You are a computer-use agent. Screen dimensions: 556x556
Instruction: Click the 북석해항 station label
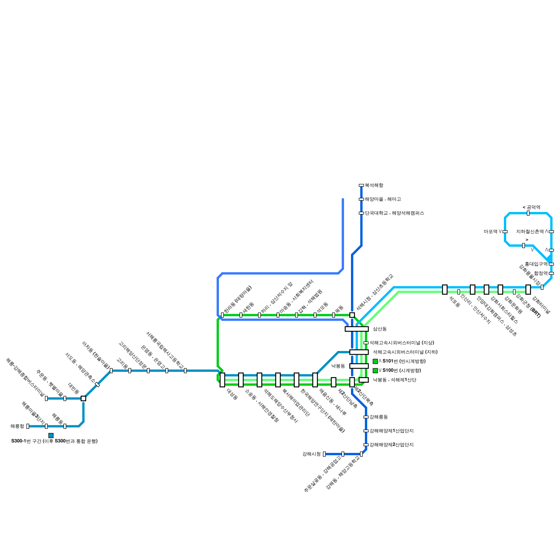[x=374, y=186]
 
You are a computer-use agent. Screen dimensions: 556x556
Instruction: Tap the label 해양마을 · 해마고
[x=383, y=199]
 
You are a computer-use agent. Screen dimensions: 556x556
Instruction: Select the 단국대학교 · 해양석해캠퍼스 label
[x=394, y=213]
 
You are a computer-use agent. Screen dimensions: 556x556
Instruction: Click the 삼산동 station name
[x=379, y=329]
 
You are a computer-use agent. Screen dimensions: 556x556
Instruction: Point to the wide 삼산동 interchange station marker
[x=357, y=329]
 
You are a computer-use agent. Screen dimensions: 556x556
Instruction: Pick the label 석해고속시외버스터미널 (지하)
[x=405, y=352]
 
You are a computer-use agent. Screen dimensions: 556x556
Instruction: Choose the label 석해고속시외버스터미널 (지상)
[x=401, y=343]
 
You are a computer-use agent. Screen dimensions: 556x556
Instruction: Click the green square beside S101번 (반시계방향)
[x=375, y=361]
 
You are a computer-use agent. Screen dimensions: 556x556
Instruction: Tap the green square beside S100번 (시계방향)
[x=375, y=371]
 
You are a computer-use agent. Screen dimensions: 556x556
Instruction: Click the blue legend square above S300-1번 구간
[x=51, y=435]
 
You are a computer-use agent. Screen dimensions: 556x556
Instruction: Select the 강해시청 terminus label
[x=311, y=454]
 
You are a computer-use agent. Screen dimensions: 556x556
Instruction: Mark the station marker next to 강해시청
[x=324, y=454]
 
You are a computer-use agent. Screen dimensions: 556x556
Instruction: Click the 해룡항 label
[x=17, y=426]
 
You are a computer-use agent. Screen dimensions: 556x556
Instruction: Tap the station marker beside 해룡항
[x=28, y=426]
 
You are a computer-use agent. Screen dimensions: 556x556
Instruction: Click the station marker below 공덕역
[x=528, y=213]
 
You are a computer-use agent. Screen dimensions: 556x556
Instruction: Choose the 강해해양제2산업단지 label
[x=391, y=445]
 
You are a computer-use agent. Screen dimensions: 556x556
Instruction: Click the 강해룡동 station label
[x=378, y=417]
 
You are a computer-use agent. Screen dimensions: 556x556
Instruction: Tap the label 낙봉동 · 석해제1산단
[x=394, y=380]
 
